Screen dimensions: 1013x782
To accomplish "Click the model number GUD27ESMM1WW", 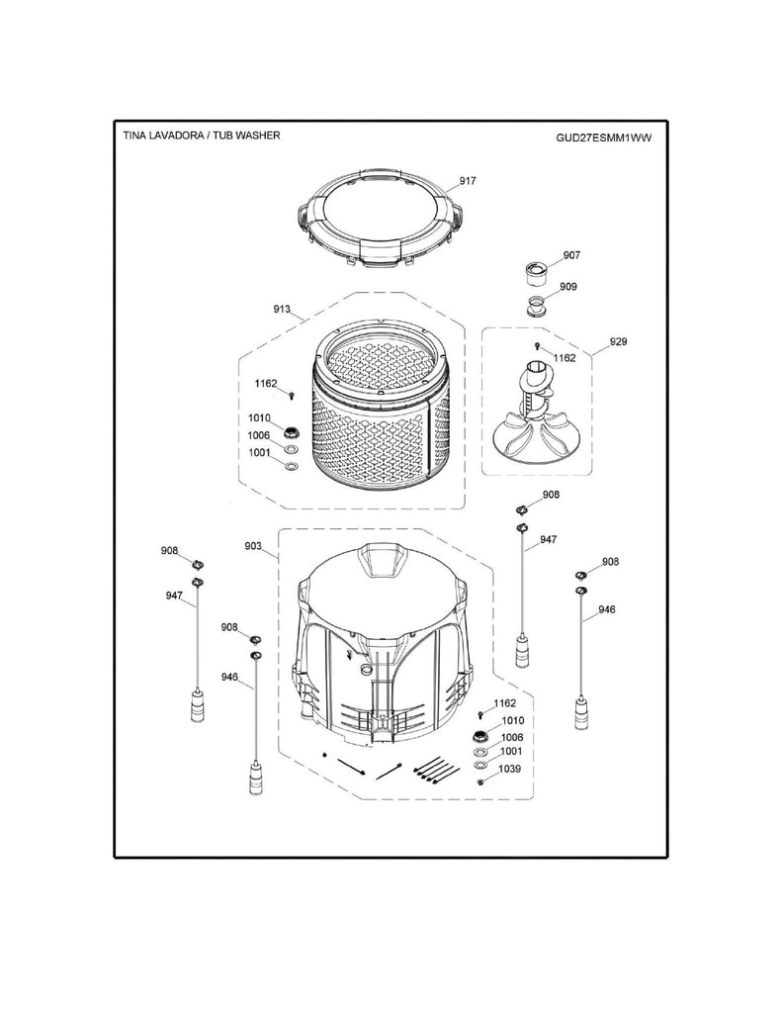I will click(x=603, y=138).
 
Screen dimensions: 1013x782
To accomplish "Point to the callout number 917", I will click(x=468, y=181).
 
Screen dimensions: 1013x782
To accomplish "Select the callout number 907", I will click(x=571, y=255).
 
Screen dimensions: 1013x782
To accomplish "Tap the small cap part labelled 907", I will click(x=535, y=270).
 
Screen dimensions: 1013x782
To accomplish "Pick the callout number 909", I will click(x=568, y=287).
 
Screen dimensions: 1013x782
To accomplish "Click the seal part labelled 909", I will click(x=535, y=304).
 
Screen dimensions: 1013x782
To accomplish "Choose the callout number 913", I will click(x=282, y=310).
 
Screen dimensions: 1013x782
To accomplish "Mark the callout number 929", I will click(x=618, y=341).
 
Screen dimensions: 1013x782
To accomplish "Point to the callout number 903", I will click(x=253, y=545).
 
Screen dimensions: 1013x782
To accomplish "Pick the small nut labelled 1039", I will click(x=479, y=782).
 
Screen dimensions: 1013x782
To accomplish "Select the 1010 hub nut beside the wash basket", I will click(x=293, y=431).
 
